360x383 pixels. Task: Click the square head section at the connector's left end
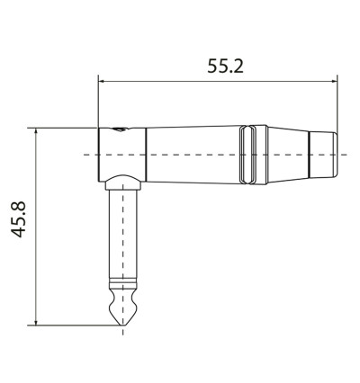pos(116,153)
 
